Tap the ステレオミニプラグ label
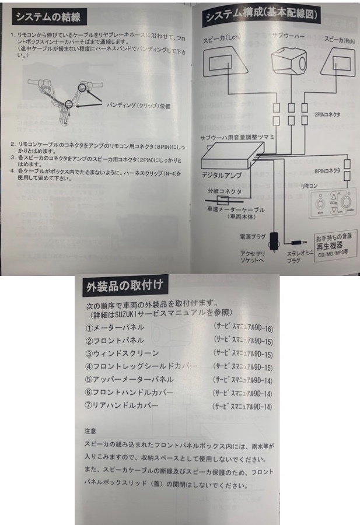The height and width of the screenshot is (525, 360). pyautogui.click(x=295, y=258)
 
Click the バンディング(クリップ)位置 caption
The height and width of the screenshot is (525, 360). pyautogui.click(x=139, y=106)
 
